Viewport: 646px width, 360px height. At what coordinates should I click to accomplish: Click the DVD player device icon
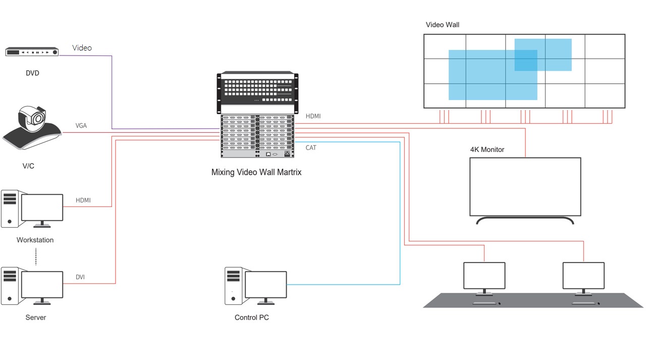coord(32,52)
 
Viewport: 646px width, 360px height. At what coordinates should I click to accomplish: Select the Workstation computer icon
coord(33,209)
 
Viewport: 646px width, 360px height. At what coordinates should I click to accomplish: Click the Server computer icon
coord(33,286)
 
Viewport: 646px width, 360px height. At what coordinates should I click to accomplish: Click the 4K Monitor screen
coord(525,187)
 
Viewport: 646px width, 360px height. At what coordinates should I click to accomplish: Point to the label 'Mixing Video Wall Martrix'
coord(256,172)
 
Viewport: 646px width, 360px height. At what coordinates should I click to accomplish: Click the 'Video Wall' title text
coord(443,25)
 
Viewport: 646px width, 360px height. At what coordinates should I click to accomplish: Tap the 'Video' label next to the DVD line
coord(82,48)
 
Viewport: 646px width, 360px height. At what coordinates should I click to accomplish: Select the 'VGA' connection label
coord(81,126)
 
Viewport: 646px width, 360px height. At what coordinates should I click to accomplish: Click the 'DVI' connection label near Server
coord(80,277)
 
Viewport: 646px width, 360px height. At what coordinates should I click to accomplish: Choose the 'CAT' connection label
coord(311,148)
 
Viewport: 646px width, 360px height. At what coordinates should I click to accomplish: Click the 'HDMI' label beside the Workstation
coord(83,200)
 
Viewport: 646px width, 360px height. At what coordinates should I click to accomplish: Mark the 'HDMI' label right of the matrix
coord(313,117)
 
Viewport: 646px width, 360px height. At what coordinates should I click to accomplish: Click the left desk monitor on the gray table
coord(484,276)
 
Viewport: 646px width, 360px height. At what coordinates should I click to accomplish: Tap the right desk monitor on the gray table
coord(583,276)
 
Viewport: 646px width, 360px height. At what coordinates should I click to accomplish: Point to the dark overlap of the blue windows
coord(526,60)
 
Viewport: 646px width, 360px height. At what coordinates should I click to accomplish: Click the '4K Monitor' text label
coord(487,149)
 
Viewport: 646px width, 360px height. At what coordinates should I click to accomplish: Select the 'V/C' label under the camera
coord(28,166)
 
